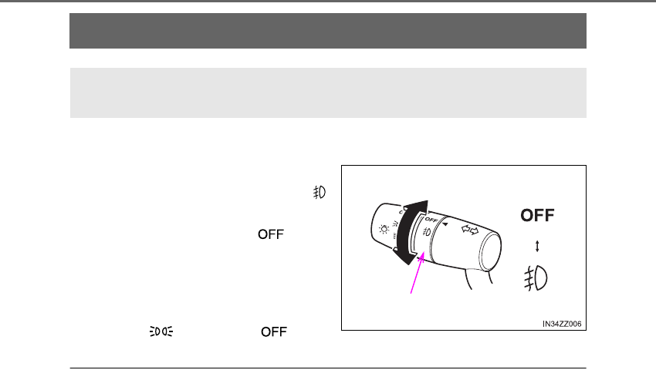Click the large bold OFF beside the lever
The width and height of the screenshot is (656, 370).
[x=537, y=215]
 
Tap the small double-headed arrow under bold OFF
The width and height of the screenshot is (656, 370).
[x=537, y=246]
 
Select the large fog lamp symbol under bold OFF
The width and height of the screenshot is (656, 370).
[x=536, y=278]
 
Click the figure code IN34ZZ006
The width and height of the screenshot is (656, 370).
[x=562, y=324]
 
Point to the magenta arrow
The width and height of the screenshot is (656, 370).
[x=416, y=273]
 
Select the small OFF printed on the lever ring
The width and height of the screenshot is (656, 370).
[x=431, y=220]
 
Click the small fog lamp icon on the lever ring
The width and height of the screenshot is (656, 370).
[x=426, y=231]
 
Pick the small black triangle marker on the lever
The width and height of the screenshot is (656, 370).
[x=445, y=224]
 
